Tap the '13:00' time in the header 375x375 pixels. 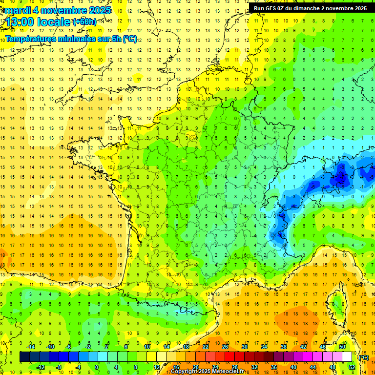[x=22, y=22]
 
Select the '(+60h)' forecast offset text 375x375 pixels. [x=84, y=22]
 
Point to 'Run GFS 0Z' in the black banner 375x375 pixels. [x=271, y=8]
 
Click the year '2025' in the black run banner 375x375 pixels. [x=359, y=8]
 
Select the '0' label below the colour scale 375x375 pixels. [x=97, y=367]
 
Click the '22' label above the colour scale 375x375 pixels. [x=206, y=347]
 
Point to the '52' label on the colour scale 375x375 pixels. [x=352, y=367]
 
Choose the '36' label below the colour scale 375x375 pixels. [x=273, y=367]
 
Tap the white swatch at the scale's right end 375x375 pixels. [x=347, y=357]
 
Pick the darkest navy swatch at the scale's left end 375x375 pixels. [x=24, y=357]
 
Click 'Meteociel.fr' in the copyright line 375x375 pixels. [x=231, y=372]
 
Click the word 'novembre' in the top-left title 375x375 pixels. [x=61, y=10]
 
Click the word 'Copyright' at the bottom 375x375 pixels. [x=185, y=372]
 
